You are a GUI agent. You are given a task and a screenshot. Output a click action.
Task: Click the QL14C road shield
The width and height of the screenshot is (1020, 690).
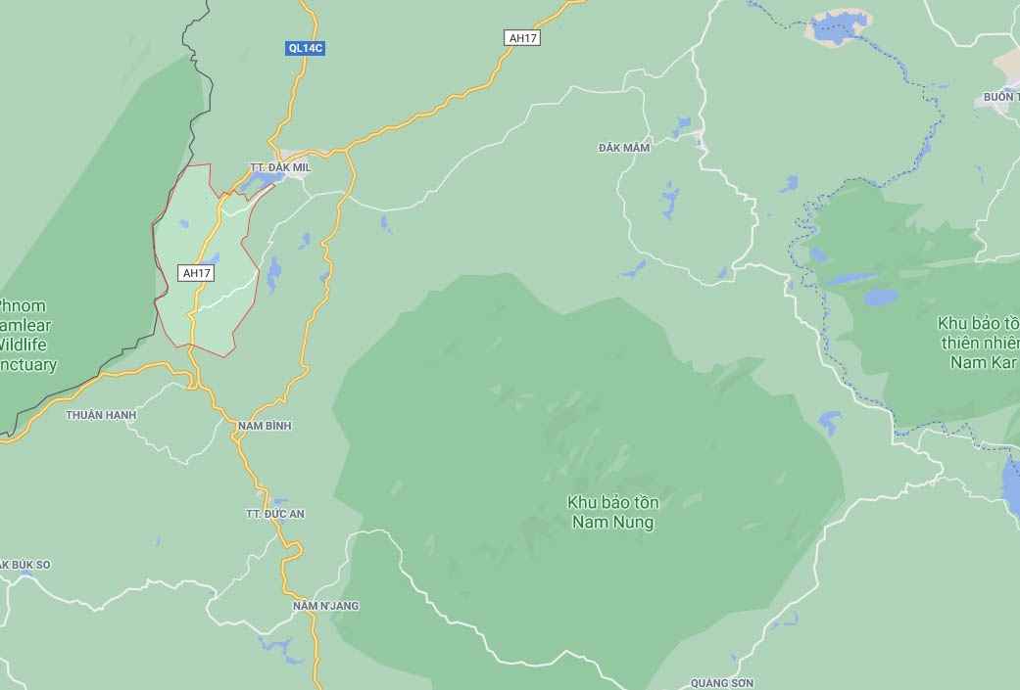click(305, 48)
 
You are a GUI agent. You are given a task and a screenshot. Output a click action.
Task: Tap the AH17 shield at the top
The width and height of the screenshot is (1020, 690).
click(522, 38)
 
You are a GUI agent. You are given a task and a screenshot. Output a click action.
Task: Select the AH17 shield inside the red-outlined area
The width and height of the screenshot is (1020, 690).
click(196, 273)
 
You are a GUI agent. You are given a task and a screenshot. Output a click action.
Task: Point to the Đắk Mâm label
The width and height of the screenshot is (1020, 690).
click(624, 148)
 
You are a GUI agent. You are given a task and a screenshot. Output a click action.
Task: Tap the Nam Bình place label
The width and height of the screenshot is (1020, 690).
click(265, 426)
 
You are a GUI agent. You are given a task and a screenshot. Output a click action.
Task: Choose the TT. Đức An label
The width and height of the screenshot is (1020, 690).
click(274, 514)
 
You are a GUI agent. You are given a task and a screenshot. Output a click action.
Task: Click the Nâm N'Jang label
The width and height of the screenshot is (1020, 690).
click(325, 606)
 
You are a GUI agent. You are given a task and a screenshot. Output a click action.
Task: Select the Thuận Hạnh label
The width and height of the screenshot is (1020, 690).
click(101, 415)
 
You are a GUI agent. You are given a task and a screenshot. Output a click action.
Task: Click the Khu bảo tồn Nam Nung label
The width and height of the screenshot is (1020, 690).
click(612, 512)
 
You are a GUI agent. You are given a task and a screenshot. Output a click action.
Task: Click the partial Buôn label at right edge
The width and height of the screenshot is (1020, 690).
click(1000, 98)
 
